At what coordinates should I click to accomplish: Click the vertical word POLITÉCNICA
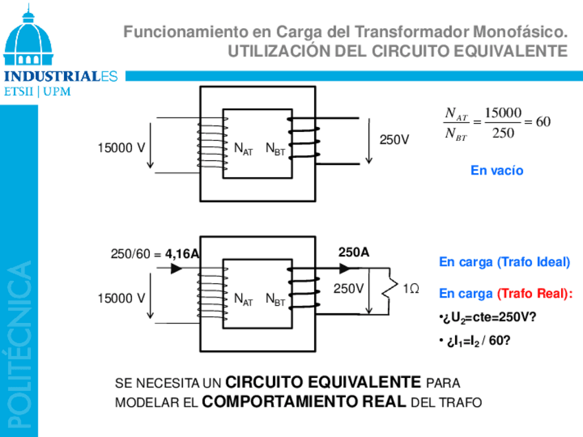coord(19,344)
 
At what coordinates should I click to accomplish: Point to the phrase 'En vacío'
coord(496,170)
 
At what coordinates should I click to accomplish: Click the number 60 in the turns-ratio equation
coord(543,122)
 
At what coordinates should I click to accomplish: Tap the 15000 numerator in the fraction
coord(503,112)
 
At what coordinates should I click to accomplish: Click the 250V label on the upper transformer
coord(394,140)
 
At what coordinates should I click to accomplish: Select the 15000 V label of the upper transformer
coord(121,148)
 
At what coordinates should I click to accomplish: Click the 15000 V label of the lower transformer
coord(121,298)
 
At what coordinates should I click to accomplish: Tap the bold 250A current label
coord(353,253)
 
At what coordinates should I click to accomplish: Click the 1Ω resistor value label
coord(410,289)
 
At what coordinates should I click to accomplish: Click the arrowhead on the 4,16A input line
coord(176,269)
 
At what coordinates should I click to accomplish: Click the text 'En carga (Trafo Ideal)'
coord(505,262)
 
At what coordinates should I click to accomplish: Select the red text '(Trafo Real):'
coord(535,294)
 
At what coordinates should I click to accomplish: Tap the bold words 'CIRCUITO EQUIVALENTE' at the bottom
coord(323,382)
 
